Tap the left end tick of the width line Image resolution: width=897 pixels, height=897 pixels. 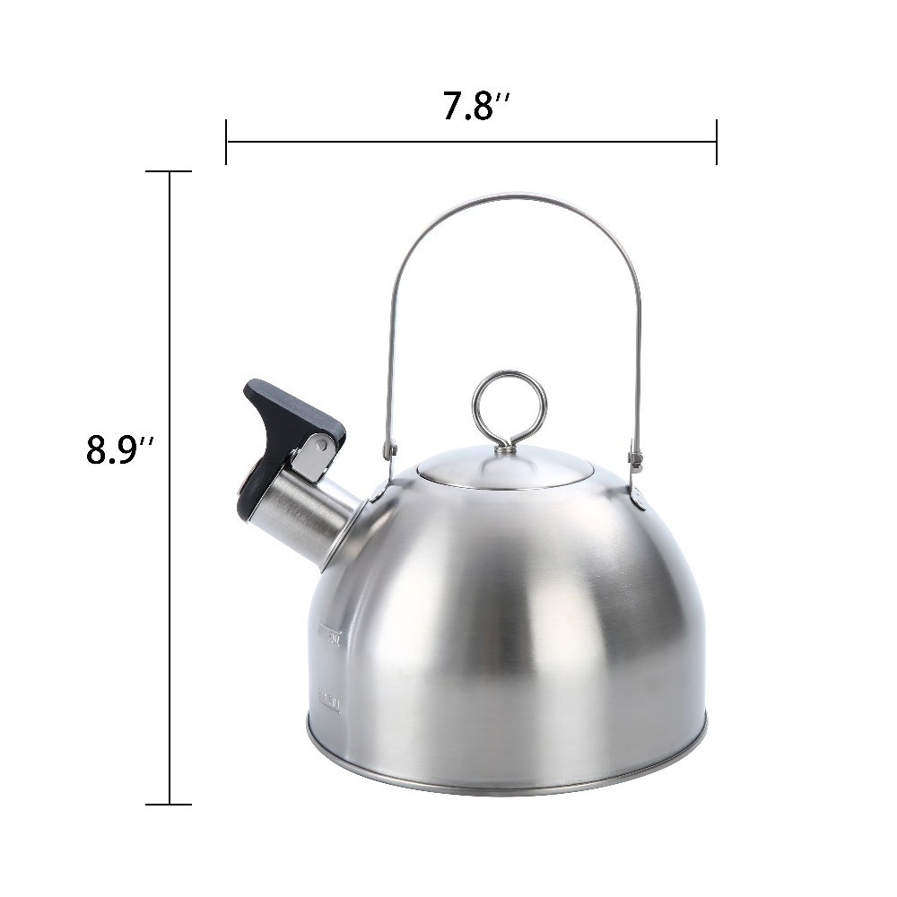point(226,142)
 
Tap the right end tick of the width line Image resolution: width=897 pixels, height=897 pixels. point(716,142)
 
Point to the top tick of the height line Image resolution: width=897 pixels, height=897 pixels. point(169,171)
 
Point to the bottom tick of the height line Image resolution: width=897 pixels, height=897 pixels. point(169,804)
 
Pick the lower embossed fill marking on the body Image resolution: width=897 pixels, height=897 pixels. point(328,701)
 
